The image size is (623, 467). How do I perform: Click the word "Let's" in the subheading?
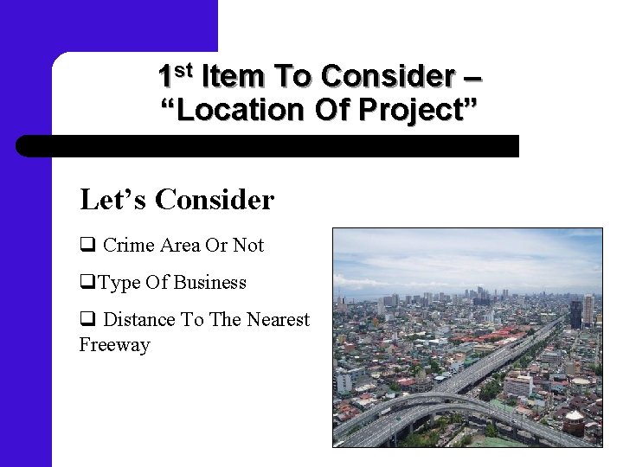(x=114, y=200)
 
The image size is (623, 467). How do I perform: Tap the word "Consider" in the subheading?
(x=215, y=200)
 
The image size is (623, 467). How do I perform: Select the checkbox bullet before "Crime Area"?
(x=87, y=246)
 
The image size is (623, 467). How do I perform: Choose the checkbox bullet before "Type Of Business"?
(x=87, y=283)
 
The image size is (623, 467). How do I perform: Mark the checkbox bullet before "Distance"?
(x=87, y=320)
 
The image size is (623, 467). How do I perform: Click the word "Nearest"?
(x=278, y=320)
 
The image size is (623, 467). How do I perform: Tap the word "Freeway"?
(x=114, y=345)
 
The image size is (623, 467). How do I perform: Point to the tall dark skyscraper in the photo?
(x=575, y=313)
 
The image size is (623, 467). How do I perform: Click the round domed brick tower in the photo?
(x=573, y=423)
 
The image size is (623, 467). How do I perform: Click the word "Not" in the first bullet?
(x=248, y=246)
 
